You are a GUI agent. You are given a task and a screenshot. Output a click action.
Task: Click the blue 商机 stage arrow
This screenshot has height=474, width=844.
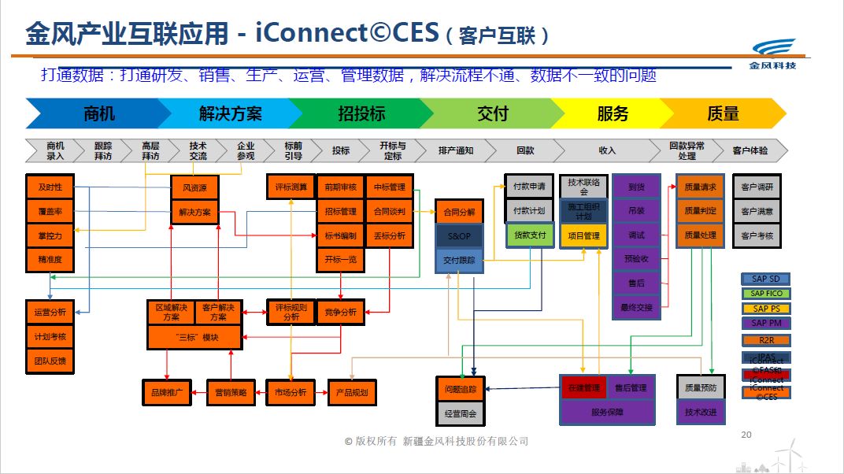tap(98, 113)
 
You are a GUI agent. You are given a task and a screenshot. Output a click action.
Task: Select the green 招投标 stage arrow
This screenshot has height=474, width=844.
tap(361, 113)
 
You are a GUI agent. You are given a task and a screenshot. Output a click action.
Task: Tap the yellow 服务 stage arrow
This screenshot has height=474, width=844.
tap(613, 113)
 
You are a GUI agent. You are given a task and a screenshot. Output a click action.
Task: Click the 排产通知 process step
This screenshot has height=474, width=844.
tap(455, 150)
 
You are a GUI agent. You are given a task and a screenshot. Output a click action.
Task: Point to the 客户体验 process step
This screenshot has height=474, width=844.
tap(750, 150)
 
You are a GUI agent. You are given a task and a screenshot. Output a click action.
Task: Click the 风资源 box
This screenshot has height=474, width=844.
tap(194, 188)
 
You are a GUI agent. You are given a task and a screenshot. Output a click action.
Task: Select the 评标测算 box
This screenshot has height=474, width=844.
tap(291, 187)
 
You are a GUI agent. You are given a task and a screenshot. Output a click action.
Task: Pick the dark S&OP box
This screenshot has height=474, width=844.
tap(459, 236)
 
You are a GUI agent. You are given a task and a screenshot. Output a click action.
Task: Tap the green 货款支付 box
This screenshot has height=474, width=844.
tap(530, 235)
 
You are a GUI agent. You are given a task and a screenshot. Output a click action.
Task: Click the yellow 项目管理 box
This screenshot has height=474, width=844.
tap(583, 235)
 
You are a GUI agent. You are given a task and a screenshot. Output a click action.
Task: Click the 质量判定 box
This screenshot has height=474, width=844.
tap(700, 211)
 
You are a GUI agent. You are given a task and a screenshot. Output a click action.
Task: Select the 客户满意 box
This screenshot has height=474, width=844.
tap(757, 211)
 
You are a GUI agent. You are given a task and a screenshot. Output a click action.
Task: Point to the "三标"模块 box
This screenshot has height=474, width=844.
tap(194, 338)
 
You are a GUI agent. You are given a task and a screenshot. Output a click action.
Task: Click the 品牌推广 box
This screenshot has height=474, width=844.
tap(166, 392)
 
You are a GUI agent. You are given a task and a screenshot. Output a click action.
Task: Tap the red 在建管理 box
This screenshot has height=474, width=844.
tap(583, 387)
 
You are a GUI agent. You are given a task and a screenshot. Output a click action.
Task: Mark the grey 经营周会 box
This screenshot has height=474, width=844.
tap(461, 413)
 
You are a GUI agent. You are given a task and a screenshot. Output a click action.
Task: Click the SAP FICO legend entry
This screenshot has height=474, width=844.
tap(766, 294)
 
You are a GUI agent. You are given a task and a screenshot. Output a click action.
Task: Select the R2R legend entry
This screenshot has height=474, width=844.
tap(766, 340)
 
